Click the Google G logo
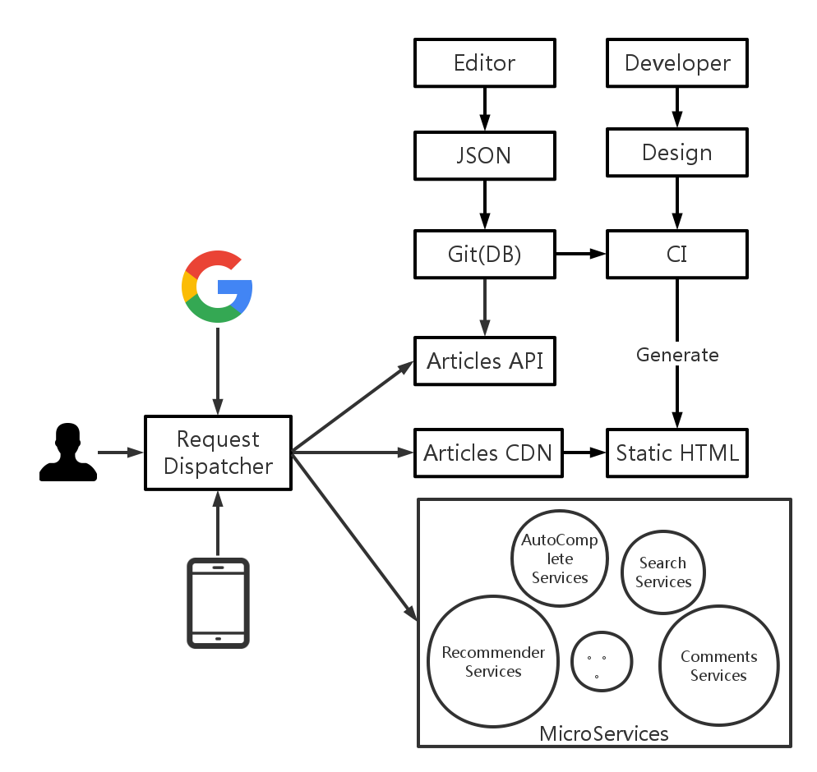point(217,287)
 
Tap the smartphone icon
point(218,603)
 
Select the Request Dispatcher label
point(218,453)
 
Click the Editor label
point(485,63)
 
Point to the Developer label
point(677,63)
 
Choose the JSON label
point(484,155)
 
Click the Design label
point(677,153)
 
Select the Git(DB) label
point(485,254)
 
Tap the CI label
point(676,254)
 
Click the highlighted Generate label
point(677,354)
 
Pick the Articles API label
point(485,361)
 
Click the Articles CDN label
point(487,453)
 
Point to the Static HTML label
point(677,453)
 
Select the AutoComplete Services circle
point(560,558)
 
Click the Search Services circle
point(662,572)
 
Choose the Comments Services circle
point(718,666)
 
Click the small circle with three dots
point(602,662)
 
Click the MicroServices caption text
point(604,733)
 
